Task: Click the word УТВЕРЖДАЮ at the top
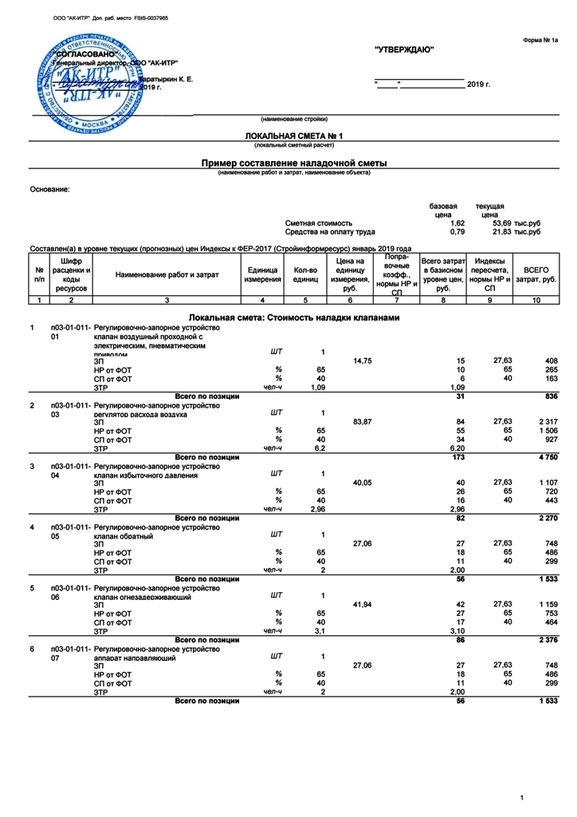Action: click(x=404, y=50)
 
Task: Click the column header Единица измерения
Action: click(x=262, y=274)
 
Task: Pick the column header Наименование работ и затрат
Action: click(x=166, y=274)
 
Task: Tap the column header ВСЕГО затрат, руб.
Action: click(x=536, y=274)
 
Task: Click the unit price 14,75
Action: click(x=363, y=361)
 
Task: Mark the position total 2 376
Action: click(x=545, y=639)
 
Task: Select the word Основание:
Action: click(x=49, y=189)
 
